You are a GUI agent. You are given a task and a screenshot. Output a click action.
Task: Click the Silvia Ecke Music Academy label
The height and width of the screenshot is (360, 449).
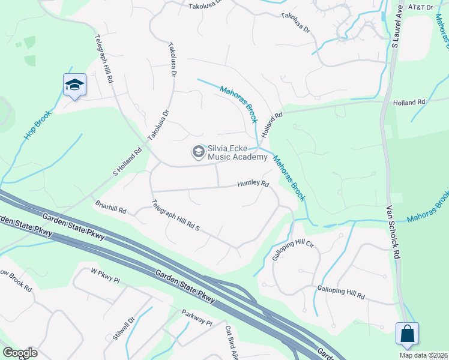[237, 153]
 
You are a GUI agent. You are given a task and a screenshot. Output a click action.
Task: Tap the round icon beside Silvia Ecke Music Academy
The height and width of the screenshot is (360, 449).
[197, 153]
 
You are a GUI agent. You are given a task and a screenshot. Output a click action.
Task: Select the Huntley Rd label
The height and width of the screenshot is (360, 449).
[253, 184]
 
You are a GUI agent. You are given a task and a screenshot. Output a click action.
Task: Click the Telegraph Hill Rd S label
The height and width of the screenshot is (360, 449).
[175, 216]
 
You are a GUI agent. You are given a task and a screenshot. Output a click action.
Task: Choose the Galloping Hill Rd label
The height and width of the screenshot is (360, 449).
[340, 292]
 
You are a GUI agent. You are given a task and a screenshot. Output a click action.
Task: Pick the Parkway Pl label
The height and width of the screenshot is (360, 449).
[197, 317]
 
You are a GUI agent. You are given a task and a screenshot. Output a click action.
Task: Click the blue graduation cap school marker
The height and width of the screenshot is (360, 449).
[75, 85]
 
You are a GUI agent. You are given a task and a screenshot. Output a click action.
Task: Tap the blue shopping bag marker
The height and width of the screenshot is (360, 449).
[407, 333]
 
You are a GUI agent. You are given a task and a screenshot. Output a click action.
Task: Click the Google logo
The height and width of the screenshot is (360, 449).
[20, 353]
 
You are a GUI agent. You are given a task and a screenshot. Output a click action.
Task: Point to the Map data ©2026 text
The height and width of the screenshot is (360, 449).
[423, 355]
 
